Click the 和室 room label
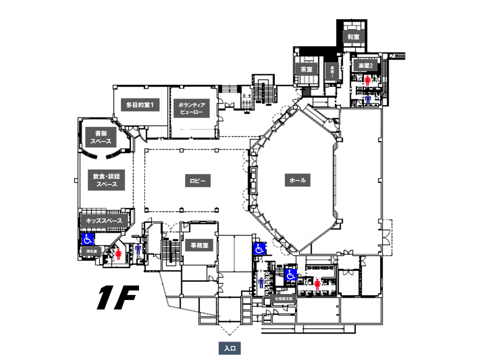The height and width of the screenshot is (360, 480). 354,37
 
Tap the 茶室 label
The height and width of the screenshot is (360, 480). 306,69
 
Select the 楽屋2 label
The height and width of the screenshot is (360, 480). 365,65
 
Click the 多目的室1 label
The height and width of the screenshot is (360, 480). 142,105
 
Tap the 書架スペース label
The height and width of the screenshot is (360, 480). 100,137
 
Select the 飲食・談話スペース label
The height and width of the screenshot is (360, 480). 106,180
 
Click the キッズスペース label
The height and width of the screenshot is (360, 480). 104,220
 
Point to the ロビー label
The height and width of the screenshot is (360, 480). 197,180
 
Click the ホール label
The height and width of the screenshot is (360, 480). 297,180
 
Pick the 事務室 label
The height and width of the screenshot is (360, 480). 199,245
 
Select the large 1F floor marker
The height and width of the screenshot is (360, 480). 117,297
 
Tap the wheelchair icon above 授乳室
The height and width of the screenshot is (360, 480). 88,239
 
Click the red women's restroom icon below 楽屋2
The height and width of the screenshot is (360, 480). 367,80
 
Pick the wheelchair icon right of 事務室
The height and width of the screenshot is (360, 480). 259,248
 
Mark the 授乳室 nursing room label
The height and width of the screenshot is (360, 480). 91,250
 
